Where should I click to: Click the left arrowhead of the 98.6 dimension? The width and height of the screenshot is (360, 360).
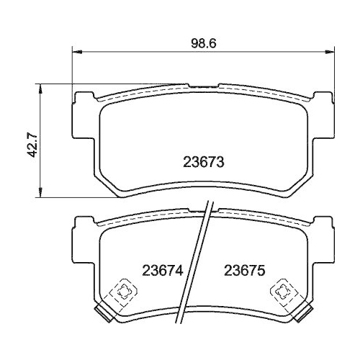pyautogui.click(x=76, y=52)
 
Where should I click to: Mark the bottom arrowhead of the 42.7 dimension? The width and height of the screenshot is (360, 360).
pyautogui.click(x=40, y=194)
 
